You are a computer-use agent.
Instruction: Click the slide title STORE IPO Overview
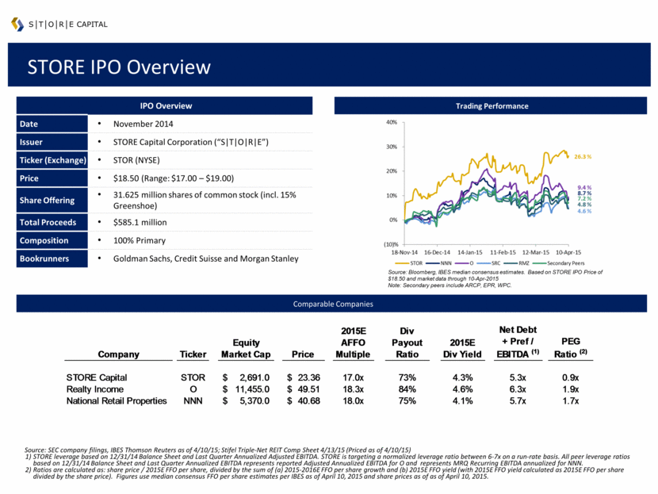pos(119,67)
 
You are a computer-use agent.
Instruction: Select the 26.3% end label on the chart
pos(583,156)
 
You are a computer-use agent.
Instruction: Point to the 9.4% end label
pos(585,187)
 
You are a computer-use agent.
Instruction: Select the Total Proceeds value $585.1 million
pos(144,222)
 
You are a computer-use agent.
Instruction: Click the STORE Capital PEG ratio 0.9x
pos(571,377)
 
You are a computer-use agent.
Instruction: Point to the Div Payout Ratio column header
pos(407,343)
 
